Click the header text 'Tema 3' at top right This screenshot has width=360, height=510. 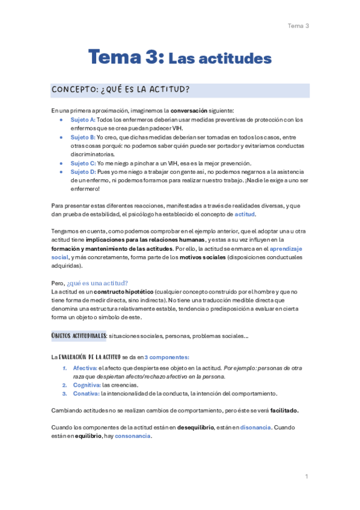click(298, 25)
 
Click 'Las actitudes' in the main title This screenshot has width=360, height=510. click(220, 58)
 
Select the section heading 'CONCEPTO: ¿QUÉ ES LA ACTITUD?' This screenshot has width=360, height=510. click(121, 90)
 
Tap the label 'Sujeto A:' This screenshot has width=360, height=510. click(84, 120)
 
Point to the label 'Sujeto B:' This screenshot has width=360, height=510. click(84, 137)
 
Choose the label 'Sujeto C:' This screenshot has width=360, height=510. click(84, 163)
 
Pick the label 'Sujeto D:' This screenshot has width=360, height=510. click(84, 171)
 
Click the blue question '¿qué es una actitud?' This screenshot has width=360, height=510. click(97, 283)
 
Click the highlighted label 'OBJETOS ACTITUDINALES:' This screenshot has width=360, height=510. click(80, 335)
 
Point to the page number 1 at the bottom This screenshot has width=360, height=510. click(307, 476)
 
